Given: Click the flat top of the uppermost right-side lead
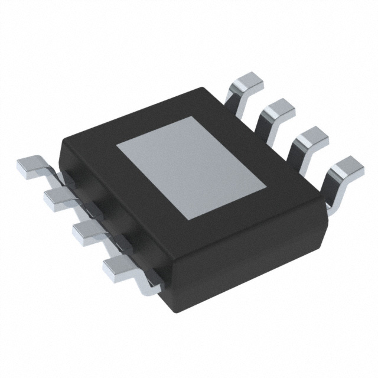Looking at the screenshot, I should pyautogui.click(x=248, y=83).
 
